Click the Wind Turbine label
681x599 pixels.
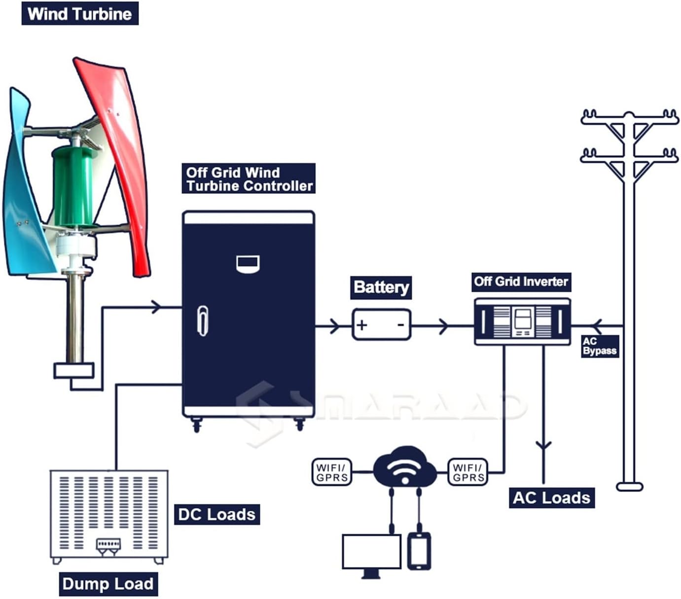tap(79, 13)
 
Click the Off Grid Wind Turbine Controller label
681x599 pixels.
tap(249, 179)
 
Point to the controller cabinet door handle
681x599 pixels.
tap(202, 320)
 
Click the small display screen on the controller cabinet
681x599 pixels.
tap(248, 264)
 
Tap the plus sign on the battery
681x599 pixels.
tap(362, 325)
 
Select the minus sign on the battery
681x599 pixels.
tap(401, 324)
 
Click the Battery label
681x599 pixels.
tap(381, 287)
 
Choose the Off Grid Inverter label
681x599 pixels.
tap(521, 282)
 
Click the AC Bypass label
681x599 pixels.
tap(599, 346)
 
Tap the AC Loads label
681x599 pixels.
tap(551, 497)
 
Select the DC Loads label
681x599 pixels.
tap(216, 515)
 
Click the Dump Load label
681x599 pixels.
tap(108, 584)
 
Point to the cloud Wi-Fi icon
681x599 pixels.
tap(405, 467)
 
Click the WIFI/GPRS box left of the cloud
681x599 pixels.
tap(332, 472)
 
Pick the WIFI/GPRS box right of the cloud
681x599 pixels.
tap(468, 472)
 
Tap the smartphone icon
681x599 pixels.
tap(419, 551)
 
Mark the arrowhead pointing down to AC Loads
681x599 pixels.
tap(543, 446)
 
